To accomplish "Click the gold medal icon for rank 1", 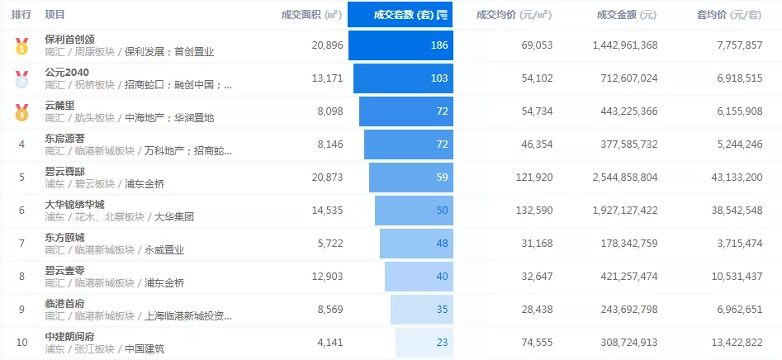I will [x=21, y=46].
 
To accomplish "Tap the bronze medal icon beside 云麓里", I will [x=21, y=111].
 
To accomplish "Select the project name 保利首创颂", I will [x=69, y=39].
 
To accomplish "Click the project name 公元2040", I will [x=67, y=72].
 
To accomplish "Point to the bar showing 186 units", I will [x=400, y=45].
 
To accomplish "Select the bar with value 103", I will [x=403, y=78].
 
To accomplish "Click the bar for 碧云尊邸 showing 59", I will [x=410, y=178].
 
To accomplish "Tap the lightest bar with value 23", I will [x=424, y=342].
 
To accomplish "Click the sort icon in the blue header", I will [x=442, y=14].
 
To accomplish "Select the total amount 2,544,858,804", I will [x=625, y=178].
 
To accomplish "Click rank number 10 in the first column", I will [x=21, y=342].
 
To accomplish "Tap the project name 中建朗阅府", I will [x=69, y=336].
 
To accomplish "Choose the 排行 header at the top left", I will [x=21, y=14].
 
